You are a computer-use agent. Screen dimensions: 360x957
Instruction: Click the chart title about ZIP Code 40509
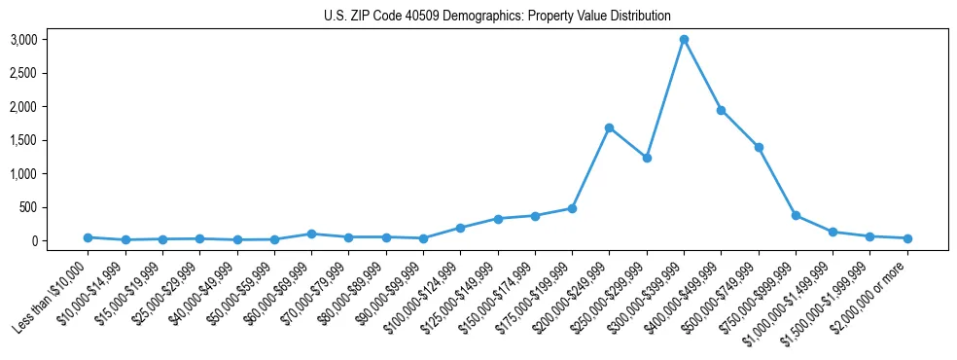[497, 16]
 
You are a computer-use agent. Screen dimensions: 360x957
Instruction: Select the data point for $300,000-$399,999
[684, 39]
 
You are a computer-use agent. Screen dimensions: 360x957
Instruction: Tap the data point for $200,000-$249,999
[609, 127]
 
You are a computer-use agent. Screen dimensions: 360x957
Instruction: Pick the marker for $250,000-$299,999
[647, 158]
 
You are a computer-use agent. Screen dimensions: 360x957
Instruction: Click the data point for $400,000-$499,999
[721, 110]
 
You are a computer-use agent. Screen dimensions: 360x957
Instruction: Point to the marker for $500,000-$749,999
[759, 147]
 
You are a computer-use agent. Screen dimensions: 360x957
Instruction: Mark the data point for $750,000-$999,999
[796, 215]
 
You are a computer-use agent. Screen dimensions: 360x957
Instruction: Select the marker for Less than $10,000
[88, 237]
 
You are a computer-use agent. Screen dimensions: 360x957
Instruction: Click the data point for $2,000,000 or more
[907, 238]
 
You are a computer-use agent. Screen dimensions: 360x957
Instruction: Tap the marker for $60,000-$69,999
[311, 234]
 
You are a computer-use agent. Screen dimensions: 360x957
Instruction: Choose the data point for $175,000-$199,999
[572, 208]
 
